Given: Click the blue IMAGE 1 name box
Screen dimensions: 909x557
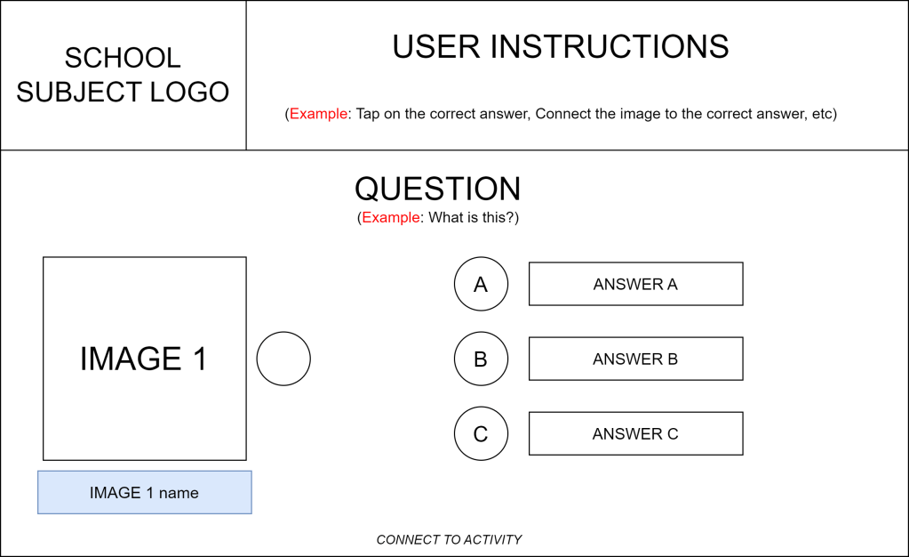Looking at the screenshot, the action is tap(144, 493).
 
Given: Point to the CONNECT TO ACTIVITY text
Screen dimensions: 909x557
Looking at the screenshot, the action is tap(449, 539).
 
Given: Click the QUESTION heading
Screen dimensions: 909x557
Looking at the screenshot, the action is tap(438, 189).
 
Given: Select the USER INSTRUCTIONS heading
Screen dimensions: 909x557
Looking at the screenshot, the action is tap(560, 46).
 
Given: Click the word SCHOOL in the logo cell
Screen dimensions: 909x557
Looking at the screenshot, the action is tap(123, 58).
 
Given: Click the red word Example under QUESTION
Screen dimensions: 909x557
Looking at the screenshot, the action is tap(391, 217).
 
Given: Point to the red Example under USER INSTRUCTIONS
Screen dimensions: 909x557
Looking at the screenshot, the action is tap(318, 113).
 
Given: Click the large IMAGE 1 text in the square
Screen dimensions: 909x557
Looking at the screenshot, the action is tap(144, 359).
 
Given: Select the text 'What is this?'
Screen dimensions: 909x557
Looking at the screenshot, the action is tap(471, 217).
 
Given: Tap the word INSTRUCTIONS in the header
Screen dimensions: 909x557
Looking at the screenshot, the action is tap(610, 46).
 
